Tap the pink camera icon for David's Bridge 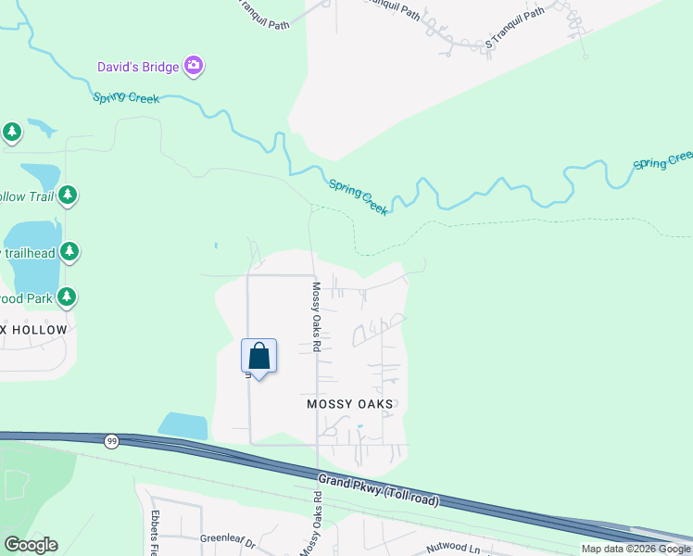[x=194, y=65]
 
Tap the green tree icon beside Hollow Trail [x=68, y=196]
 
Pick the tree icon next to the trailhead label [x=69, y=251]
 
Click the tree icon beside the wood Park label [x=67, y=297]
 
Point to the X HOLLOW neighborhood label [x=34, y=330]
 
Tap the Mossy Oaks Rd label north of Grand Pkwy [x=316, y=317]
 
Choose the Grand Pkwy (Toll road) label [x=378, y=491]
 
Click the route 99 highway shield [x=112, y=441]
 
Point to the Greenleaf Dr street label [x=226, y=537]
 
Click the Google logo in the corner [x=31, y=545]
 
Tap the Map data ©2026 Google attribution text [x=636, y=549]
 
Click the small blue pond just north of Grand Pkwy [x=183, y=425]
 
